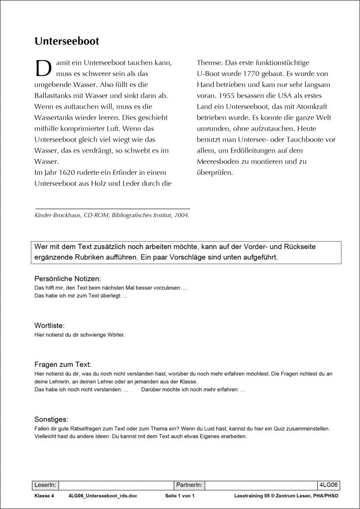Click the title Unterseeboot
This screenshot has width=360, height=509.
[x=67, y=41]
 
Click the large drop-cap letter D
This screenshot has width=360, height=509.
[x=41, y=68]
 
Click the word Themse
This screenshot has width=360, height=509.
[x=208, y=63]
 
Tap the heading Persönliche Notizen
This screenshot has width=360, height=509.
[x=68, y=279]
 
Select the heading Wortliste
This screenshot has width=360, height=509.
[x=49, y=326]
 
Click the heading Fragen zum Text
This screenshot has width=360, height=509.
[x=62, y=364]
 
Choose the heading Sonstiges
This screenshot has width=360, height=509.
[x=51, y=419]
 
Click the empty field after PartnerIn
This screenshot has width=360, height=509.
[x=261, y=485]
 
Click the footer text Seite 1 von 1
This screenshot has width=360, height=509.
[x=180, y=497]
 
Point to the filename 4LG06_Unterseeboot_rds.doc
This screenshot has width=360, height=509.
[x=99, y=497]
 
